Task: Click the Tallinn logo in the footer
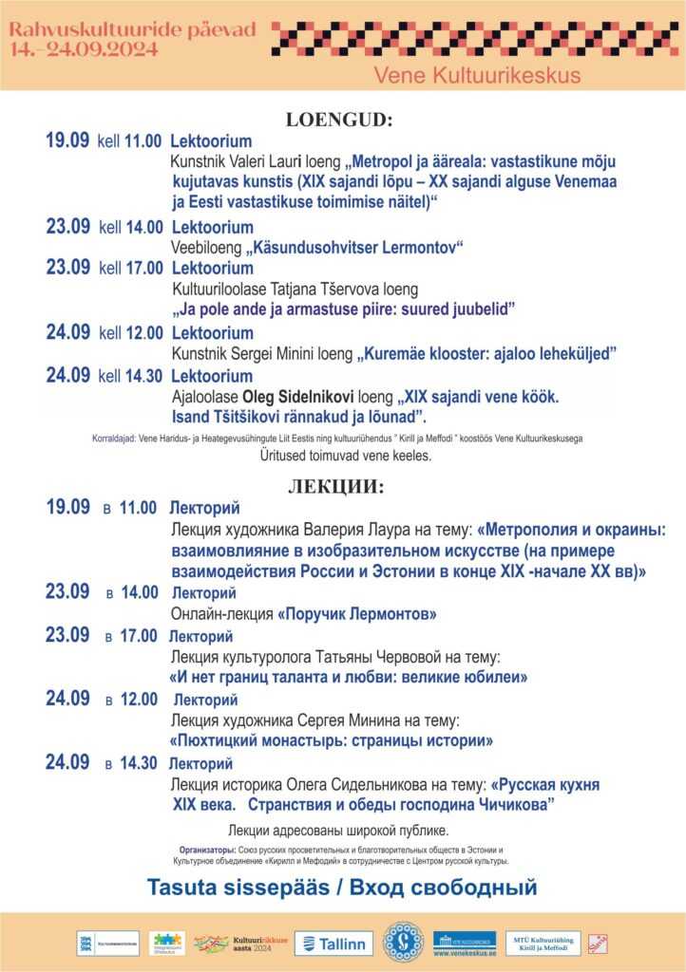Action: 333,944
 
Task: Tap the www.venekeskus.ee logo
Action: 464,944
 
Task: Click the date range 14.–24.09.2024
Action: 71,50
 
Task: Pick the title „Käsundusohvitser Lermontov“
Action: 353,249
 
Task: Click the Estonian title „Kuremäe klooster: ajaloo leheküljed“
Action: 486,354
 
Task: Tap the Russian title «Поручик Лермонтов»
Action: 356,614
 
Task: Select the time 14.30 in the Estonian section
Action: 143,377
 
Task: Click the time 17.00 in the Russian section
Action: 138,636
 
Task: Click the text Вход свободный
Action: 444,888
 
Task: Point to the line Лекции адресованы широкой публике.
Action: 339,831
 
